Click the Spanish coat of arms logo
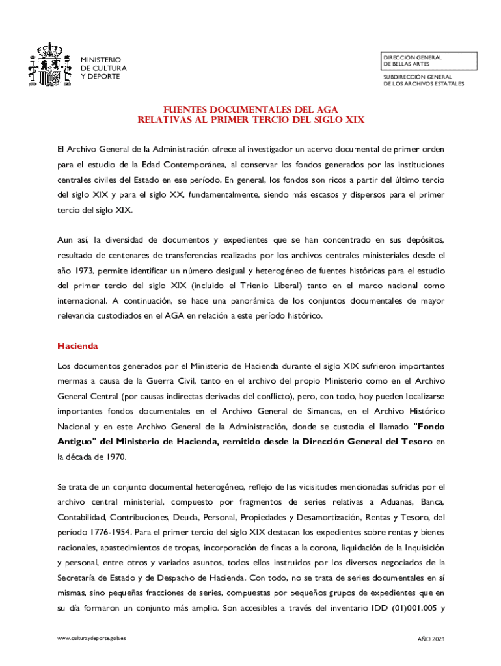[47, 65]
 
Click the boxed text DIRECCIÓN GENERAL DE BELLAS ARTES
[413, 61]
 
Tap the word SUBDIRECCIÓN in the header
[404, 77]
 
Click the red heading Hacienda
[77, 345]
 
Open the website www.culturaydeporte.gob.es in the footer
[92, 639]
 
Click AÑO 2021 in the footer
[431, 639]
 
